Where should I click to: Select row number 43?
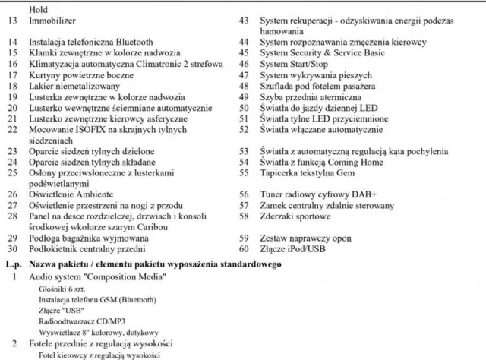coord(245,21)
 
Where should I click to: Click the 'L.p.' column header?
coord(12,263)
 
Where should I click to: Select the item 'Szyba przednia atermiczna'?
coord(310,97)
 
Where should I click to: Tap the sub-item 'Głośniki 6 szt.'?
coord(58,289)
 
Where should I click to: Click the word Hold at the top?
coord(37,9)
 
